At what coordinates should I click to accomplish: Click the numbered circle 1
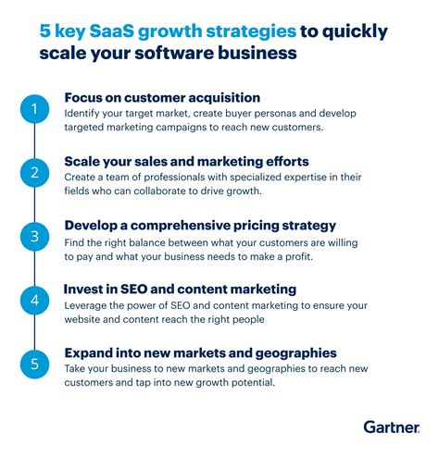34,110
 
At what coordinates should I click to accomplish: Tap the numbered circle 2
34,173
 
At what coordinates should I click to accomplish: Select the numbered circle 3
34,237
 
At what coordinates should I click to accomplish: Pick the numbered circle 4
34,301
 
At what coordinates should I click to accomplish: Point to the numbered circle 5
34,364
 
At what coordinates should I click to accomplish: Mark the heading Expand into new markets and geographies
200,352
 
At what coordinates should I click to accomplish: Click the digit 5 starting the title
44,32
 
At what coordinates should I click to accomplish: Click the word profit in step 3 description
338,255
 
